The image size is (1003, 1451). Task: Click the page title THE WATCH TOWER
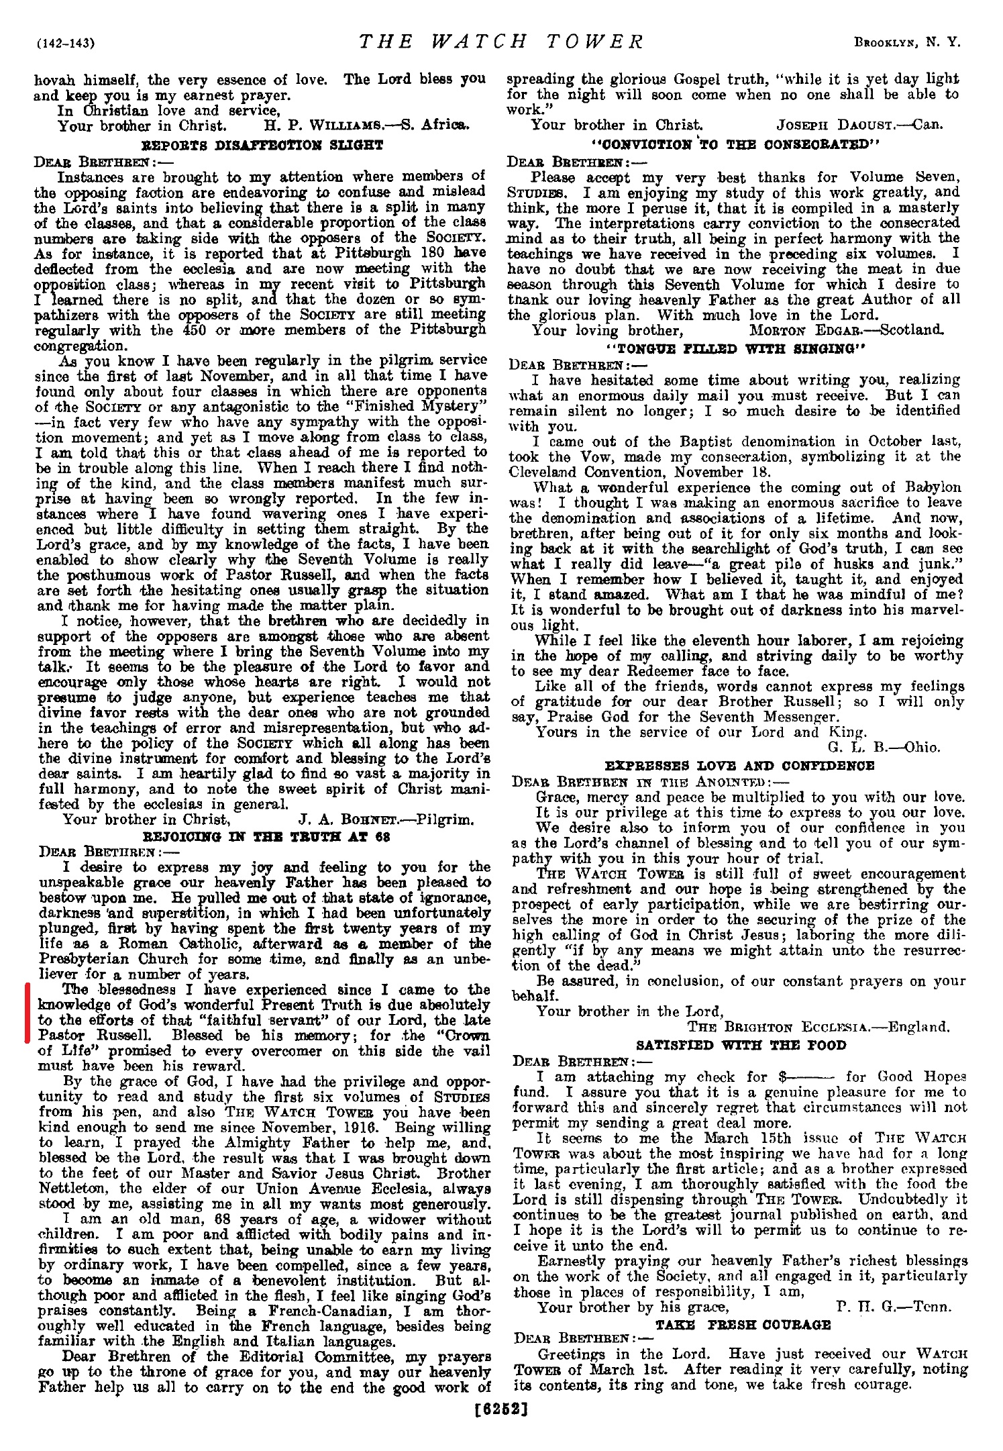(x=502, y=42)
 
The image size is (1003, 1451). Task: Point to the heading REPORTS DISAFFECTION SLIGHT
(x=262, y=145)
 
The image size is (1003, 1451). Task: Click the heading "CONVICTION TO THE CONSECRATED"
(x=733, y=144)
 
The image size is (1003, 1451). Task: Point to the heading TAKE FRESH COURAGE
(x=743, y=1324)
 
